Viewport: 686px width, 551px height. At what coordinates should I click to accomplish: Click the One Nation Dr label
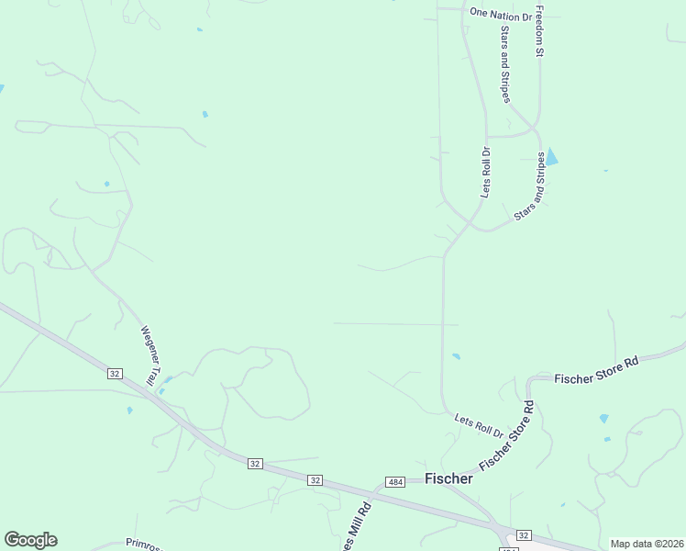501,15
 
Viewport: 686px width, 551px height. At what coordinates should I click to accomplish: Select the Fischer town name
449,478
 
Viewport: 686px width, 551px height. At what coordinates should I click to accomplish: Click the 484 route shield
395,482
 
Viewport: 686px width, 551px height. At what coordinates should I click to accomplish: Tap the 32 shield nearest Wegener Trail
115,374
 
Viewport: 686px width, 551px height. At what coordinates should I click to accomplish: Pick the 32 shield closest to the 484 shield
315,480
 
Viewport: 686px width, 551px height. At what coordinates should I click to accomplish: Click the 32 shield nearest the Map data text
524,534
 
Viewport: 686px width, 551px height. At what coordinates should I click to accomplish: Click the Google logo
30,540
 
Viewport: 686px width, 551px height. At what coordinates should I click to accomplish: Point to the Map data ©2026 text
647,544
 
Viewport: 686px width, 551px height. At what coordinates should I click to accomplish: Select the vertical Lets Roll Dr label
486,172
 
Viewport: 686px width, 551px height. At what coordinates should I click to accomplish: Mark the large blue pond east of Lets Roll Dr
551,158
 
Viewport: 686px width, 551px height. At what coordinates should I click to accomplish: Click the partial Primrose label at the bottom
147,544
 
